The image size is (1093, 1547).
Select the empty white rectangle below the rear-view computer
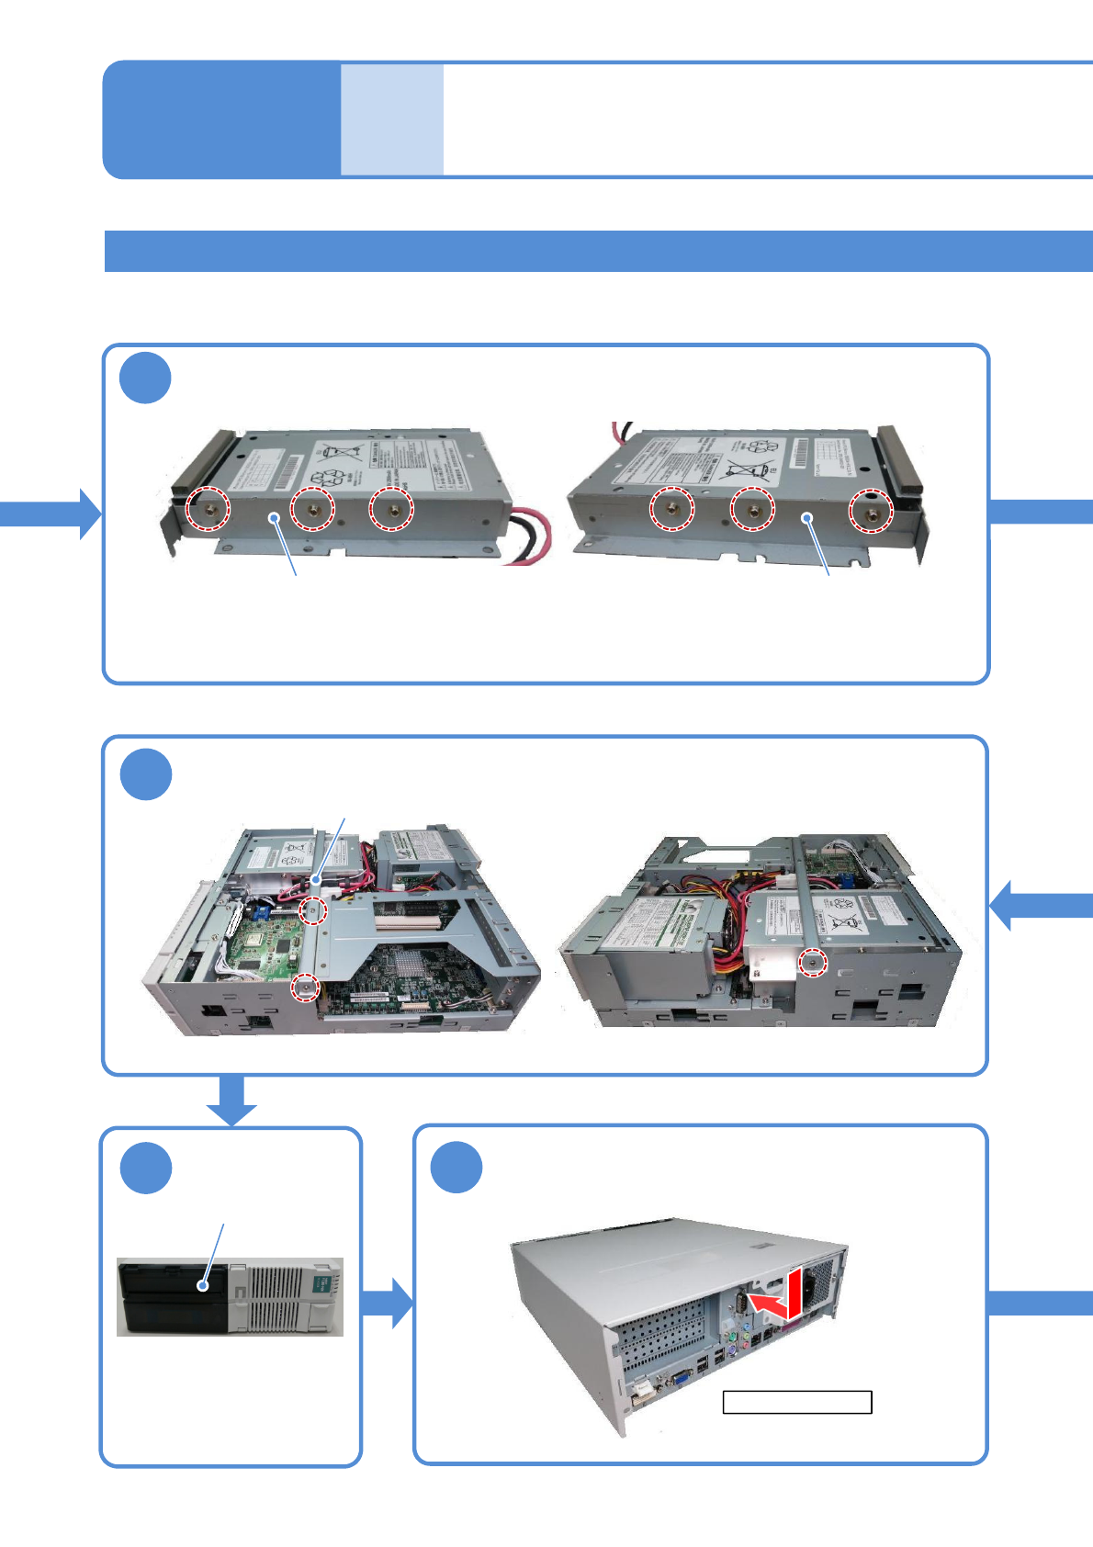click(x=796, y=1402)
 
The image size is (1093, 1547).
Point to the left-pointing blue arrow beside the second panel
click(x=1038, y=905)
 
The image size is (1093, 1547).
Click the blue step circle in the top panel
click(x=145, y=378)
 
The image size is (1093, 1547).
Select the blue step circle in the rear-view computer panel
click(x=456, y=1168)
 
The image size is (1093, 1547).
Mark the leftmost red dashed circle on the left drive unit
click(x=208, y=508)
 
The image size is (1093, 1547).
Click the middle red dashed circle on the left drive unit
click(x=312, y=508)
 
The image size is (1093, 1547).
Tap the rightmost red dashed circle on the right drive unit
click(x=869, y=510)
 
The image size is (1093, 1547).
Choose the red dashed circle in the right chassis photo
click(x=811, y=963)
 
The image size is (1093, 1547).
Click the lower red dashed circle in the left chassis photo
click(x=305, y=988)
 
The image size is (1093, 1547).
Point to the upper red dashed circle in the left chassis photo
click(x=313, y=910)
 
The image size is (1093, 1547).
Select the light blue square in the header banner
click(x=392, y=119)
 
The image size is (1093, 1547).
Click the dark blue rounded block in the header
click(x=221, y=119)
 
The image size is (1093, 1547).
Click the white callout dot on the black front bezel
click(x=203, y=1286)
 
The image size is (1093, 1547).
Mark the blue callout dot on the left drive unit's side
click(x=274, y=518)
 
